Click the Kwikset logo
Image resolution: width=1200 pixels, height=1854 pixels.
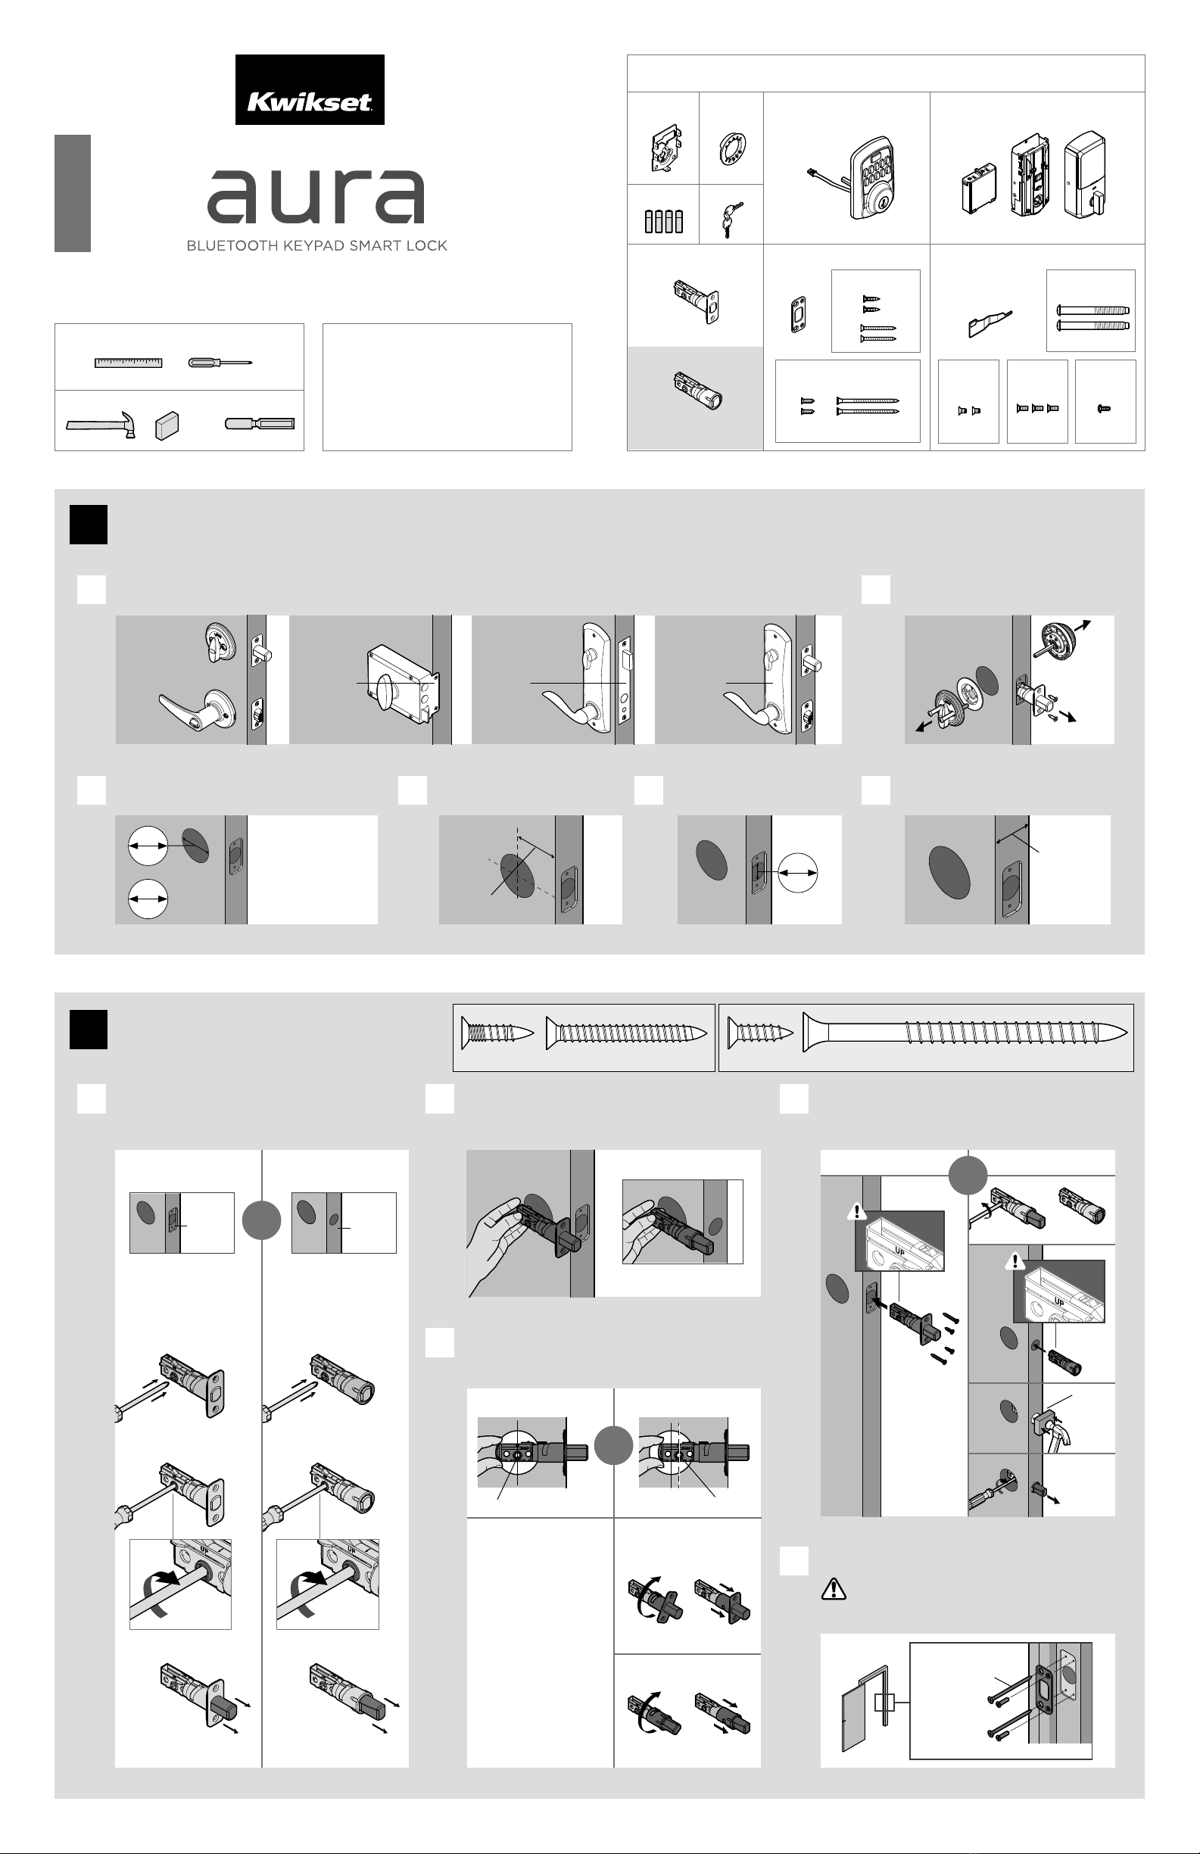click(310, 89)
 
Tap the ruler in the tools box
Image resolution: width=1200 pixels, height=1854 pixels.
click(129, 362)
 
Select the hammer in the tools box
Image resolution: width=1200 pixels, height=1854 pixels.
click(101, 425)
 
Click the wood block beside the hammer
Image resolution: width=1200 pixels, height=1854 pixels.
click(167, 425)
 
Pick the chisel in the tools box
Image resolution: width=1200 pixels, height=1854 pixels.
click(260, 424)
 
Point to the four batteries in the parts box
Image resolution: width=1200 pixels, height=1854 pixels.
click(664, 221)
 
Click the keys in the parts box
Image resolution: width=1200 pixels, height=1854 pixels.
click(730, 220)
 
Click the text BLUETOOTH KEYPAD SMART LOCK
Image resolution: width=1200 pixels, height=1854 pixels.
click(316, 245)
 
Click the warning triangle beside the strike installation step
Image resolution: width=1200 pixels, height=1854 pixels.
click(834, 1589)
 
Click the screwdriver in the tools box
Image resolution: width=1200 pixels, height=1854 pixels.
click(220, 362)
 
